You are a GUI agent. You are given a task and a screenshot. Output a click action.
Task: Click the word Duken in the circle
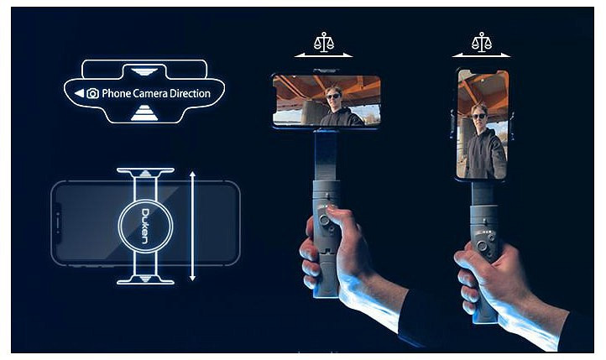click(145, 227)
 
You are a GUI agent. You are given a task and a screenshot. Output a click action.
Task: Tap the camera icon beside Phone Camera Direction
click(93, 93)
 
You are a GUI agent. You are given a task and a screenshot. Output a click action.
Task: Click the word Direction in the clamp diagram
click(191, 93)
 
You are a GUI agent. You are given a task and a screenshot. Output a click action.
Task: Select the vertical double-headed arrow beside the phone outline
click(192, 227)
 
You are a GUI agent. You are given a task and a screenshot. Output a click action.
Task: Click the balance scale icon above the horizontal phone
click(324, 42)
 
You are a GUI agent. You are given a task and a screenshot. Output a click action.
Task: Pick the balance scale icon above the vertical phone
click(482, 42)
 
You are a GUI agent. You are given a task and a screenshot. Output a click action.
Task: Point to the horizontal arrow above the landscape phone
click(323, 55)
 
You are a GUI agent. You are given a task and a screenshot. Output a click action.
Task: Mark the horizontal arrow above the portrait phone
click(481, 55)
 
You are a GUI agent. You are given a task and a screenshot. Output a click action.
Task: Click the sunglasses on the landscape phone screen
click(332, 96)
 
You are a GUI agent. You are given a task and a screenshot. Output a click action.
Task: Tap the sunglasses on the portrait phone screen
click(479, 116)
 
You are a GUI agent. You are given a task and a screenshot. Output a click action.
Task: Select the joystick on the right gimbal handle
click(482, 246)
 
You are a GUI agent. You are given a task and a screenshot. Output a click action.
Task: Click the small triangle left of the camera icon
click(79, 93)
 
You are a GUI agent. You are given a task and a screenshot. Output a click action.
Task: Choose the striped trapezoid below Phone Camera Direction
click(144, 112)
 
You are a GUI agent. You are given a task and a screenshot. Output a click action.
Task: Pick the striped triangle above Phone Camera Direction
click(144, 72)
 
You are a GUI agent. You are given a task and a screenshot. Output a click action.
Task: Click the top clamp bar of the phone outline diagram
click(145, 170)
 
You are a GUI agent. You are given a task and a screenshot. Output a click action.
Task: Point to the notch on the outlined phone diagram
click(58, 223)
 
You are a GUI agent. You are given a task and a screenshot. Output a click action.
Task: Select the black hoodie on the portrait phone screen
click(484, 154)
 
